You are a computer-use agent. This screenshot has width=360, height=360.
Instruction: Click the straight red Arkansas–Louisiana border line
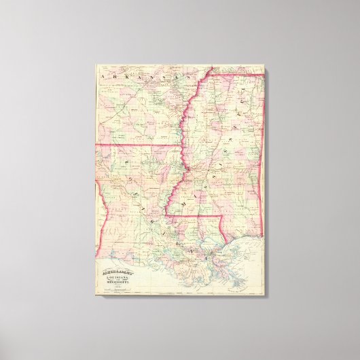tap(136, 145)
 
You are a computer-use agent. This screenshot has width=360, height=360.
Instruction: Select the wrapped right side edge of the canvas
tap(265, 183)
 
